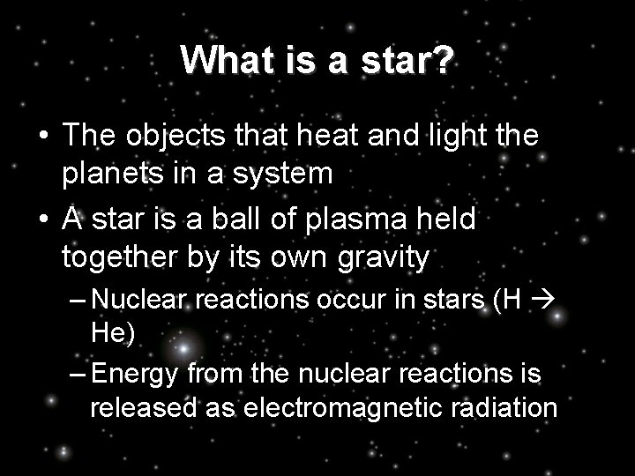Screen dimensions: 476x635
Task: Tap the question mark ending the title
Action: point(444,60)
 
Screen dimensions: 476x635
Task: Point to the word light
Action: point(460,137)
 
